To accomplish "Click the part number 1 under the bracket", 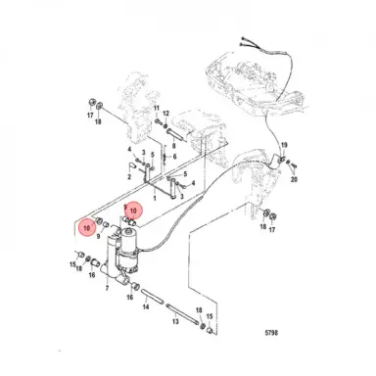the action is coord(155,198).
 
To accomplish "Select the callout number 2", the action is coord(129,177).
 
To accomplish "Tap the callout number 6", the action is coord(174,157).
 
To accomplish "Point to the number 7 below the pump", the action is coord(107,288).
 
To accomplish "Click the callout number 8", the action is coord(173,146).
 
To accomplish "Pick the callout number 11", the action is coord(157,108).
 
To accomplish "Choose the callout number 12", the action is coord(166,114).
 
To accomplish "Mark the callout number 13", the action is coord(175,321).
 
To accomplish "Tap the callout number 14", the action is coord(146,306).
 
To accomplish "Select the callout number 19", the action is coord(284,145).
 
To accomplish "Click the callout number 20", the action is coord(294,179).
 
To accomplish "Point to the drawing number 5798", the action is coord(271,333).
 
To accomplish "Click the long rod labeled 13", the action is coord(182,314).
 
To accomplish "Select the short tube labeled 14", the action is coord(152,296).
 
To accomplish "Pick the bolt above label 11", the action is coord(159,121).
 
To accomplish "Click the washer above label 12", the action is coord(165,126).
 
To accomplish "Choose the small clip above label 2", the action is coord(132,165).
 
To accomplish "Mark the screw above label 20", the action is coord(294,165).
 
